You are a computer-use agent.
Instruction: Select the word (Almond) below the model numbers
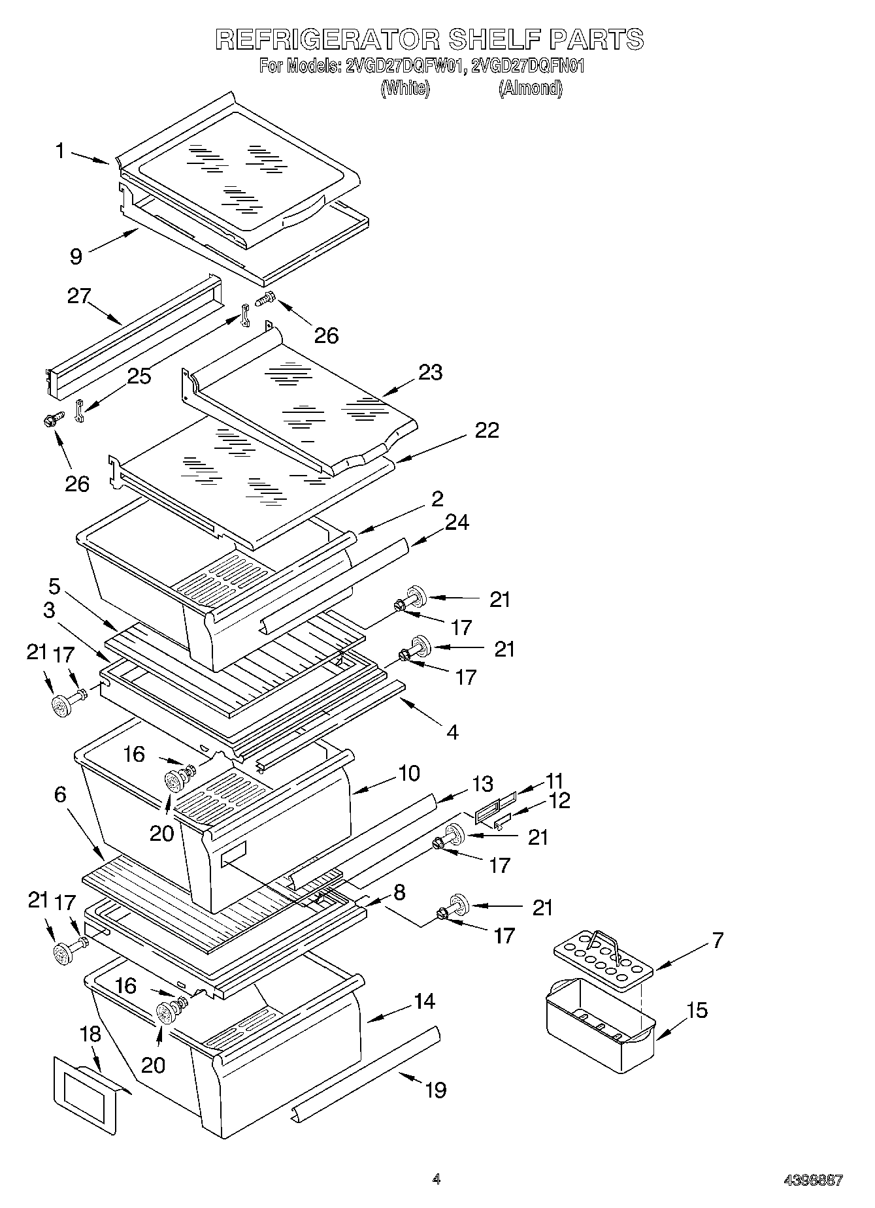coord(530,88)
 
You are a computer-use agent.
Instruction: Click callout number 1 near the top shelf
coord(60,152)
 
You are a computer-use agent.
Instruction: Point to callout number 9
coord(76,255)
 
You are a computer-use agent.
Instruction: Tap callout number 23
coord(431,372)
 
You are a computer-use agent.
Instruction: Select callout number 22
coord(487,430)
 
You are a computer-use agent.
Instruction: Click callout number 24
coord(457,522)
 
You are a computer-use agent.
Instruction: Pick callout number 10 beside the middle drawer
coord(409,773)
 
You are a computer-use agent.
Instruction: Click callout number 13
coord(482,784)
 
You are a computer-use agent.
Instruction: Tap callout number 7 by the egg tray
coord(718,940)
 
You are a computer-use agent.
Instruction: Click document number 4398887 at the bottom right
coord(813,1180)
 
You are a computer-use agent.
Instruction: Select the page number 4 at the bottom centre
coord(436,1179)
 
